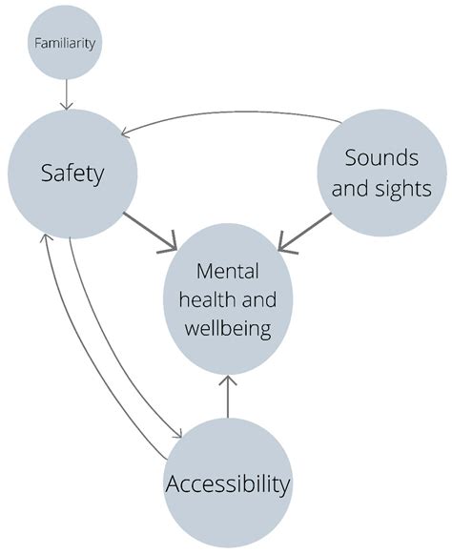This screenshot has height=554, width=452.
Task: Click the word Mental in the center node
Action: (x=227, y=271)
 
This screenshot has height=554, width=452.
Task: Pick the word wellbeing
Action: (x=228, y=330)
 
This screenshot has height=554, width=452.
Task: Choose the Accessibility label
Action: (x=228, y=484)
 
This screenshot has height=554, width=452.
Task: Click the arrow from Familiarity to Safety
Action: (x=67, y=94)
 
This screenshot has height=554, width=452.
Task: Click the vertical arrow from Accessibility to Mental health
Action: (x=228, y=396)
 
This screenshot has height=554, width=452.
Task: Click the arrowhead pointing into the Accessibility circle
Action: (x=176, y=436)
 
